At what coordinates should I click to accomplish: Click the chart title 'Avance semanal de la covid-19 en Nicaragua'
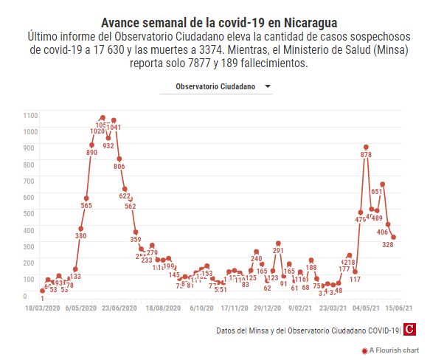[219, 21]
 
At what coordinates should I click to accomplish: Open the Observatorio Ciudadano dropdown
[217, 87]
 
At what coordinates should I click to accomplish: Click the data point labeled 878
[366, 148]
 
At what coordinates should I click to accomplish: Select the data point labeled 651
[383, 184]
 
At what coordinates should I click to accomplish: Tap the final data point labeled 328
[394, 238]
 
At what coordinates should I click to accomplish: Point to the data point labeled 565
[86, 198]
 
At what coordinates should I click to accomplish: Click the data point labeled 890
[92, 145]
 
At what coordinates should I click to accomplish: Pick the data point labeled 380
[81, 229]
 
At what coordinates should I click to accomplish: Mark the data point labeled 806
[119, 159]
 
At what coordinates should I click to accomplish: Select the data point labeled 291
[279, 243]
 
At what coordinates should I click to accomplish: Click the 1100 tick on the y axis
[30, 115]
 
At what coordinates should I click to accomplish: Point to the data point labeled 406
[388, 224]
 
